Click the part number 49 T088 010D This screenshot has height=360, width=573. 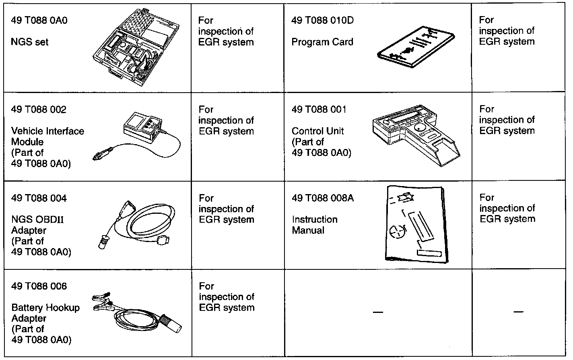[x=322, y=20]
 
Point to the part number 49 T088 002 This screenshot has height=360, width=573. [x=39, y=110]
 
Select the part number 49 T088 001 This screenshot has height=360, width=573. [x=319, y=110]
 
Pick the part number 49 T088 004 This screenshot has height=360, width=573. [x=39, y=198]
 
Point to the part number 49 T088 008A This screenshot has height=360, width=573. [x=323, y=198]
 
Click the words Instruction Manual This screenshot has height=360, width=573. [x=314, y=225]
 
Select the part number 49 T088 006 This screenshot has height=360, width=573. [x=39, y=286]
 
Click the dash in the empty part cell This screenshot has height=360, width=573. [x=377, y=312]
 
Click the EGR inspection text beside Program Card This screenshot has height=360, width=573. [x=507, y=31]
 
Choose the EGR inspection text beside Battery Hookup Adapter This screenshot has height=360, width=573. [x=226, y=297]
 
